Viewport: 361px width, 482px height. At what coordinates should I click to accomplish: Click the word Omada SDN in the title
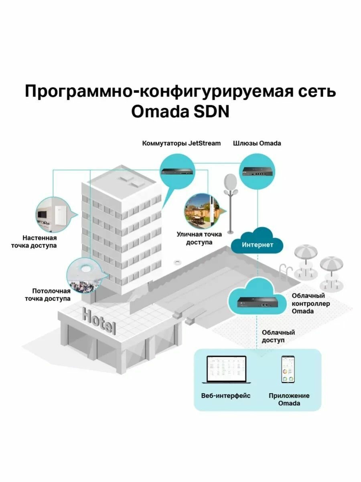click(x=180, y=111)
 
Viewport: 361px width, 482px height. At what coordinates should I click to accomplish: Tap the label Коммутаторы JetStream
click(x=181, y=143)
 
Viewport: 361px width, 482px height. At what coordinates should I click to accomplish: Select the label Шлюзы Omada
click(x=257, y=143)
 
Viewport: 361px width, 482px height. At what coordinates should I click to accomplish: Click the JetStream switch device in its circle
click(x=177, y=171)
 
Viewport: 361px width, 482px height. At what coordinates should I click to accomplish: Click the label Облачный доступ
click(x=278, y=336)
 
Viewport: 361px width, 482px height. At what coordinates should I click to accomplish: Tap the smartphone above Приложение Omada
click(x=288, y=369)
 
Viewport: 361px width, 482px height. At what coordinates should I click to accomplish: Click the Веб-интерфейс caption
click(x=226, y=396)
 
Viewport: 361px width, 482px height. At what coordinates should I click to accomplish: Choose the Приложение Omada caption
click(x=289, y=399)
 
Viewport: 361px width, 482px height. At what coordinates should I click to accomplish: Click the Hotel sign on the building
click(x=99, y=320)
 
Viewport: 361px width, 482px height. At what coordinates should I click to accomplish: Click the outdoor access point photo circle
click(x=202, y=213)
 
